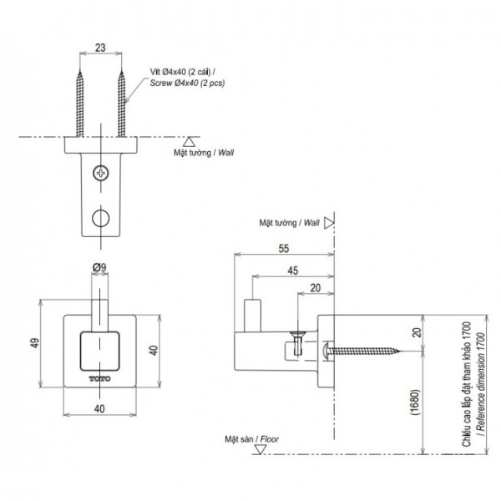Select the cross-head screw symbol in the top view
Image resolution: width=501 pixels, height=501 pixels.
point(101,173)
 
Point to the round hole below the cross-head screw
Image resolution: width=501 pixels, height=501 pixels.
point(101,217)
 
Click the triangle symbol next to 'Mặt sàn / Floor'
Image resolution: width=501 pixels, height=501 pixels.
point(261,448)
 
